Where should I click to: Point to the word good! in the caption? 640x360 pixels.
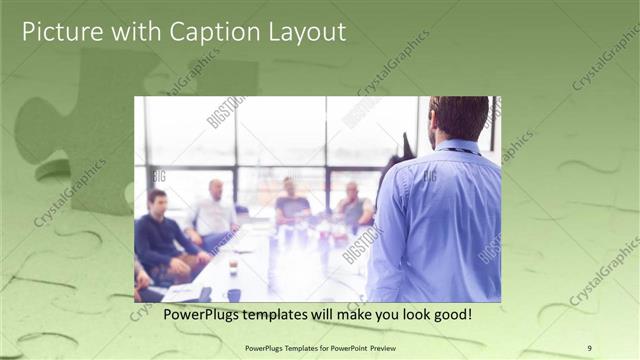coord(448,314)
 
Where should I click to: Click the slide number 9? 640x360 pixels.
coord(589,348)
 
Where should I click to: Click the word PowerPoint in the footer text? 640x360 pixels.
coord(350,348)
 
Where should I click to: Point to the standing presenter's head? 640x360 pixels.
coord(459,118)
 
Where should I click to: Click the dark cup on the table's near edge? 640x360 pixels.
coord(234,294)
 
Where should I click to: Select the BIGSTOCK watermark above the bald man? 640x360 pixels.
coord(226,111)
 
